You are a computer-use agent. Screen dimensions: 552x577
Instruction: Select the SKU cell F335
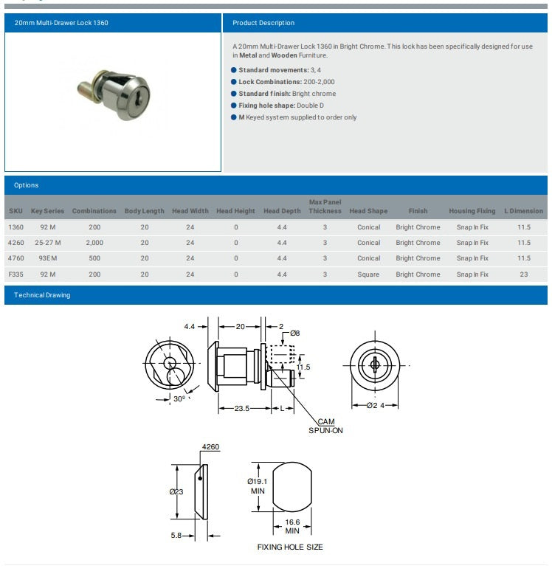click(x=15, y=274)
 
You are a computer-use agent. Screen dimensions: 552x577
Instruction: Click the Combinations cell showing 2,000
click(x=94, y=243)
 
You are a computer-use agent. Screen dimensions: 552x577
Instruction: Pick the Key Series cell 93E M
click(x=48, y=258)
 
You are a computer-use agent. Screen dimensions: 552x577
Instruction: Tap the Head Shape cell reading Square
click(x=368, y=274)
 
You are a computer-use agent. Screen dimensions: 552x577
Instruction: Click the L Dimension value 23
click(x=524, y=274)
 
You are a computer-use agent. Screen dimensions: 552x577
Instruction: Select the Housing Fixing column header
click(x=472, y=211)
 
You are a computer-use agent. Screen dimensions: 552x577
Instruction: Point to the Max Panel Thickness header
click(x=325, y=207)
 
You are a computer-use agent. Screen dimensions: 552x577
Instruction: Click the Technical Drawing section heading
click(x=42, y=295)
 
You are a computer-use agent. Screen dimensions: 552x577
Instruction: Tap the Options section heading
click(x=26, y=185)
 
